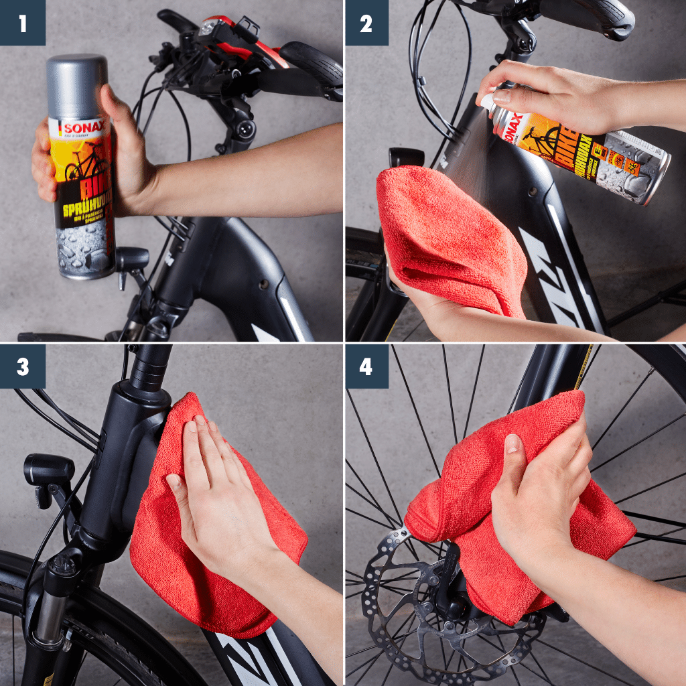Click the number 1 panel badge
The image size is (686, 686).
point(22,23)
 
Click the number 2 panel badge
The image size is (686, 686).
point(366,23)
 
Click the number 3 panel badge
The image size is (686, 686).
point(22,366)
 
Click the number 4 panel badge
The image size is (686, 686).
point(366,366)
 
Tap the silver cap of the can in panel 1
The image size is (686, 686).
point(77,84)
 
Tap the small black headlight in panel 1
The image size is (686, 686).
point(131,259)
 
